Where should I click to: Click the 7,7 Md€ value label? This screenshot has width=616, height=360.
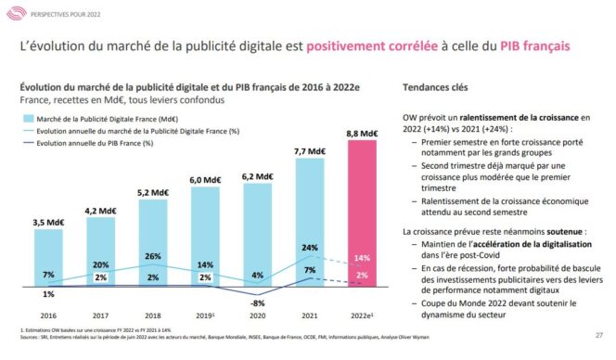311,151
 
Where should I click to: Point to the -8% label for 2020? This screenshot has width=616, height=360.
258,302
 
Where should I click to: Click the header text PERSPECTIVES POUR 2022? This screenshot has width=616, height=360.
66,13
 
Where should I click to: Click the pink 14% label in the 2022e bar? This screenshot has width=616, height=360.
363,257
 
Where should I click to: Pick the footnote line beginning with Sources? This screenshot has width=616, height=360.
186,339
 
